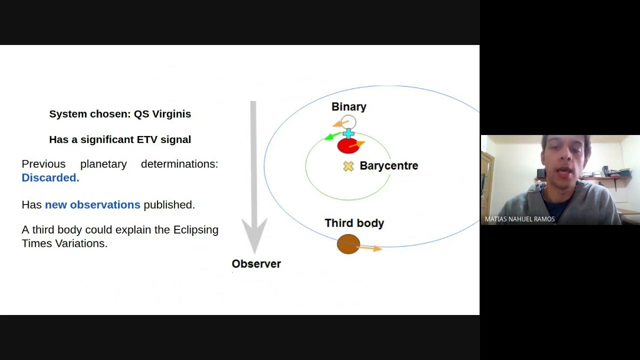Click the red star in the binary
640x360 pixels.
[x=347, y=146]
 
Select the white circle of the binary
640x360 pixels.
[x=348, y=122]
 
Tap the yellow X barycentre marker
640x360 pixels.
[x=348, y=166]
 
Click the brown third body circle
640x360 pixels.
[x=348, y=244]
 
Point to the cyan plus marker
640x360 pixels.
[x=348, y=133]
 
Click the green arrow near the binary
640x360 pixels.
[x=330, y=136]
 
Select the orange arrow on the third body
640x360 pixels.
[x=371, y=247]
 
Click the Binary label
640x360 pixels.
[x=349, y=107]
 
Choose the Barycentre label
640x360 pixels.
[x=388, y=166]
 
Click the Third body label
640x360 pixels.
[x=354, y=223]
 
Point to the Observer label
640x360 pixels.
[x=256, y=264]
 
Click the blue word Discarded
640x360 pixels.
[x=50, y=178]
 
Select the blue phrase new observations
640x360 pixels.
[x=92, y=205]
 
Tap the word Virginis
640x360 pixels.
[x=171, y=114]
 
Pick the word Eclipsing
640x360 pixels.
[x=195, y=230]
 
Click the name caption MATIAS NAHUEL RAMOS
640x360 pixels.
[x=519, y=219]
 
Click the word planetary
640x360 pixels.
[x=103, y=164]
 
